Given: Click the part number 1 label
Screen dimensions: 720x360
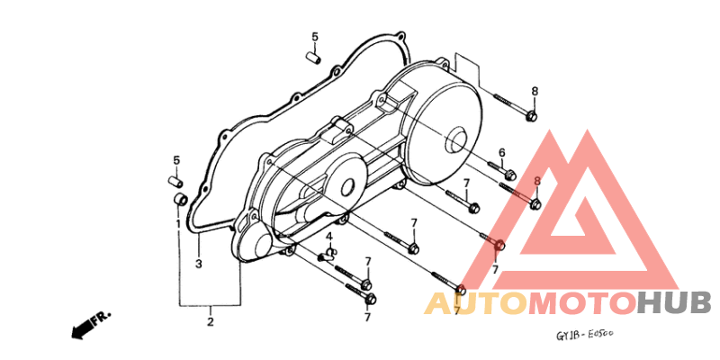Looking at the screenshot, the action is tap(178, 223).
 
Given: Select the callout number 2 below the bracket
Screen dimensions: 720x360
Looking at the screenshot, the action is tap(211, 321).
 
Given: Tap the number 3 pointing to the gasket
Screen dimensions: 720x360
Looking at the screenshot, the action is tap(198, 264).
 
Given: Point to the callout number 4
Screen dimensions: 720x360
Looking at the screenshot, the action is tap(328, 237).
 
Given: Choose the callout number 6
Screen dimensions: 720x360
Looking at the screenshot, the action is tap(502, 152).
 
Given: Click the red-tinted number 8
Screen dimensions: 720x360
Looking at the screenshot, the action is tap(537, 182).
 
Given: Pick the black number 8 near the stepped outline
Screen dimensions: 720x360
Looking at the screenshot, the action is tap(535, 92).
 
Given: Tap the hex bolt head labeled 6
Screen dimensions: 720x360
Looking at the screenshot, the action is tap(509, 175).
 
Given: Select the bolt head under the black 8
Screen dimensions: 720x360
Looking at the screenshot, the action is tap(532, 116).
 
